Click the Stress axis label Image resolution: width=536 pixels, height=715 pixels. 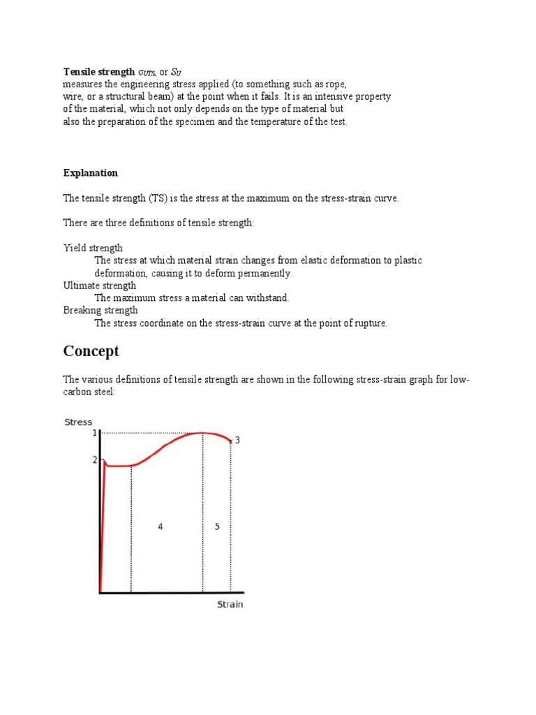(x=78, y=422)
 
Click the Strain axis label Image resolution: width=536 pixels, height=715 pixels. (x=230, y=604)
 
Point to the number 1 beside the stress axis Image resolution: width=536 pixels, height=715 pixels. (x=95, y=434)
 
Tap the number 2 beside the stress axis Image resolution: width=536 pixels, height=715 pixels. (x=95, y=460)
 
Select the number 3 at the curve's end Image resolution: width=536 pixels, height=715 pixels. (x=237, y=440)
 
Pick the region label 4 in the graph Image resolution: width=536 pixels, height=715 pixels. (x=161, y=526)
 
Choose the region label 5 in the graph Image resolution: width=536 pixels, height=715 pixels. (x=217, y=526)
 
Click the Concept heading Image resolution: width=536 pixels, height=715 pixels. (x=91, y=351)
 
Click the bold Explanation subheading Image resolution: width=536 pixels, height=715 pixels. (x=91, y=173)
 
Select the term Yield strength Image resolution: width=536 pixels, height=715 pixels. (x=93, y=248)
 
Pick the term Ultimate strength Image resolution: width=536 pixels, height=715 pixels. (x=100, y=286)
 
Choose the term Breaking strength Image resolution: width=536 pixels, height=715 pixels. (x=100, y=310)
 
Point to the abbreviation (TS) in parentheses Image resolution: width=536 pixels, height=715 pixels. (x=158, y=198)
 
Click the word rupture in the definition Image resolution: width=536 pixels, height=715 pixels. (x=371, y=323)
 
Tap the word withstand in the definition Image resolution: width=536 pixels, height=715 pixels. (x=268, y=298)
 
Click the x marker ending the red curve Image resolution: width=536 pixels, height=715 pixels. (x=230, y=441)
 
